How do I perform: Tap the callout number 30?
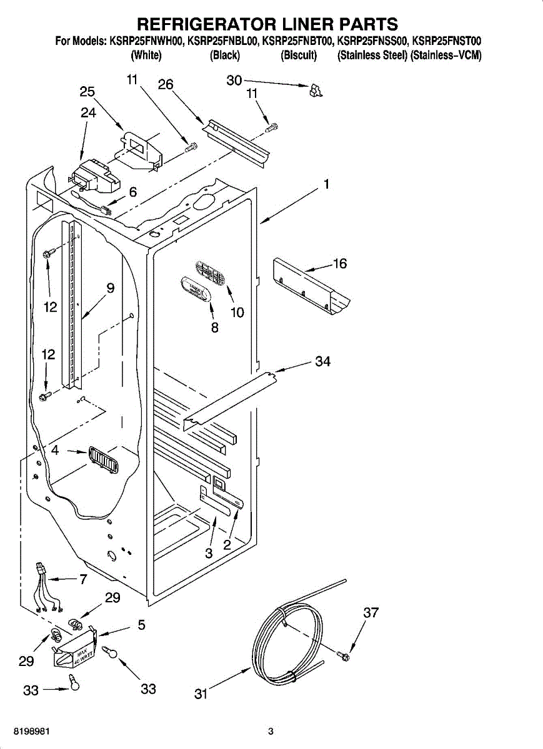pos(234,80)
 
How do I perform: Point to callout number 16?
pos(339,263)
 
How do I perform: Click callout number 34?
pos(322,361)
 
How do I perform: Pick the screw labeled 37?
pos(343,655)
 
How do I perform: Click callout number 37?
pos(371,613)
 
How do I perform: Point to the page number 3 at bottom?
pos(271,731)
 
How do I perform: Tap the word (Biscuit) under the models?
pos(299,56)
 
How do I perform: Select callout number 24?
pos(88,113)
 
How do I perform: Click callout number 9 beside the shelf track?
pos(110,288)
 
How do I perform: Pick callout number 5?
pos(141,624)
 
